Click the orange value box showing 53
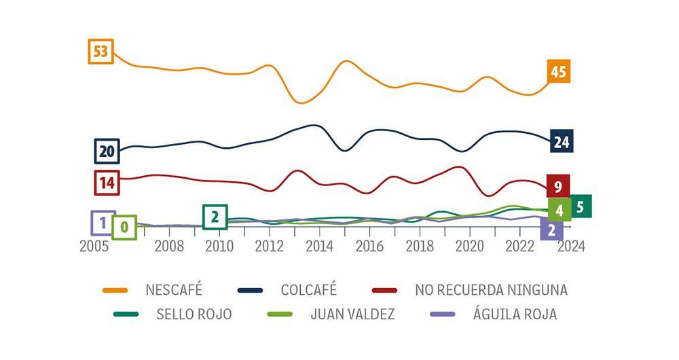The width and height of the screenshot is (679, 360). pyautogui.click(x=100, y=52)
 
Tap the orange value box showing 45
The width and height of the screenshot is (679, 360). pyautogui.click(x=558, y=71)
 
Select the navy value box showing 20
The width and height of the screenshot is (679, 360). pyautogui.click(x=107, y=151)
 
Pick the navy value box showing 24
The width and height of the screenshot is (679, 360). pyautogui.click(x=561, y=141)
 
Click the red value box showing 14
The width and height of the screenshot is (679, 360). pyautogui.click(x=107, y=182)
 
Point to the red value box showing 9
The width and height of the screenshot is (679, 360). pyautogui.click(x=557, y=186)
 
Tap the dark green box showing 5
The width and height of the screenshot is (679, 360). pyautogui.click(x=580, y=206)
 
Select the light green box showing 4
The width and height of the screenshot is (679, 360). pyautogui.click(x=559, y=211)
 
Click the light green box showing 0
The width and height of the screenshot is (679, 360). pyautogui.click(x=124, y=227)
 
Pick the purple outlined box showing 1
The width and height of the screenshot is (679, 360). pyautogui.click(x=103, y=222)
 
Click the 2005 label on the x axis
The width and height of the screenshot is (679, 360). pyautogui.click(x=94, y=246)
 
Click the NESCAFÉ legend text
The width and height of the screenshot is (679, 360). pyautogui.click(x=174, y=290)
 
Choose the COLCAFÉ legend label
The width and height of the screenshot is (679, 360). pyautogui.click(x=309, y=290)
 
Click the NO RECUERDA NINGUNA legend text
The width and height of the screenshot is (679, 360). pyautogui.click(x=491, y=290)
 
